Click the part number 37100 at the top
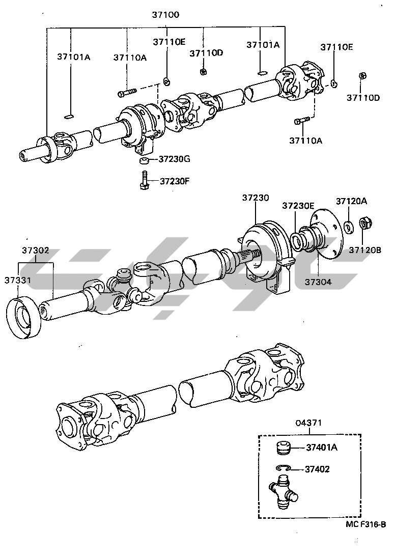tap(165, 15)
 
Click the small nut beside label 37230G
tap(144, 161)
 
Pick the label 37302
tap(35, 250)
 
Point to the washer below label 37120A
tap(349, 225)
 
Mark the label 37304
tap(318, 281)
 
